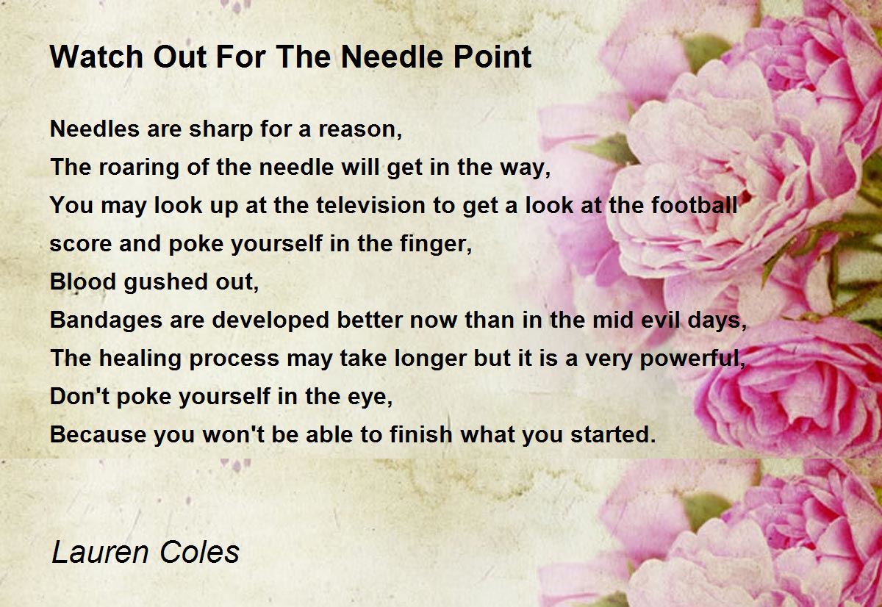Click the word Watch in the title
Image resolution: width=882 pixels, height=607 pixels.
(x=97, y=57)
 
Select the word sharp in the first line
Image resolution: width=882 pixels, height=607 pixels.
(x=220, y=130)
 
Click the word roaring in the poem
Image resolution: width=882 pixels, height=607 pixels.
(x=139, y=168)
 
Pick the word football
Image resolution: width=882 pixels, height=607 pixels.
(x=694, y=206)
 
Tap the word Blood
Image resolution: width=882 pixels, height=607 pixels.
(x=83, y=282)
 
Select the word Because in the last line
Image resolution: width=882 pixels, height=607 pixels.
(x=98, y=434)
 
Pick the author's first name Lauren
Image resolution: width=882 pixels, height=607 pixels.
(x=100, y=552)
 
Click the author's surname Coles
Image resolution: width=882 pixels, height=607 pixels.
(x=200, y=552)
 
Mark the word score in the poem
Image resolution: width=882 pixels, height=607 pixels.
(x=81, y=244)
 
